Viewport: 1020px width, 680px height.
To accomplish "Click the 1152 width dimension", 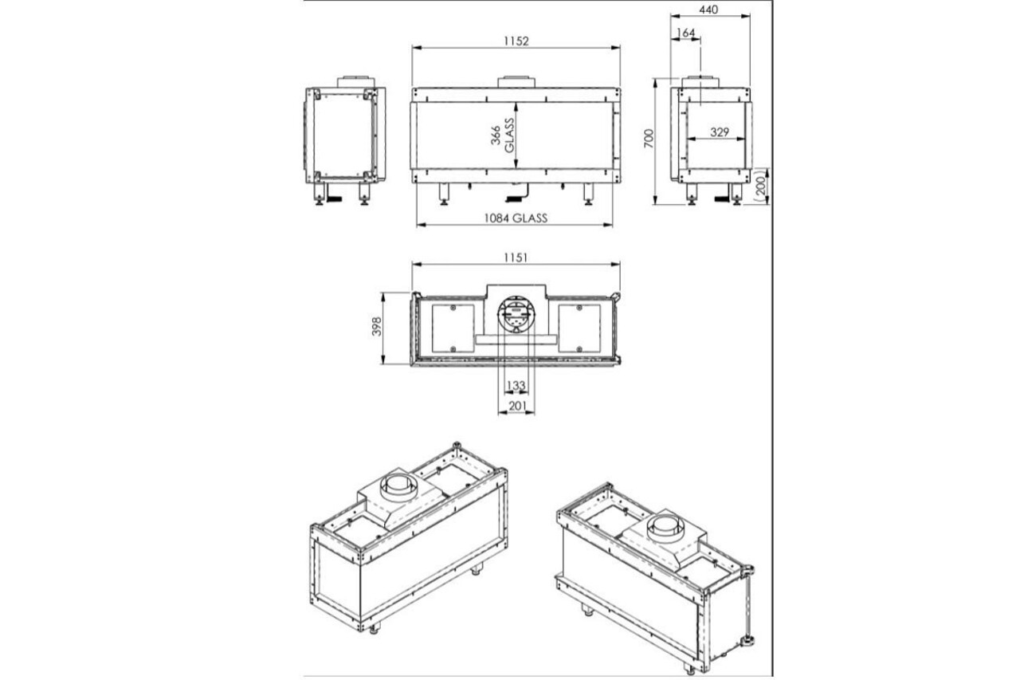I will [516, 41].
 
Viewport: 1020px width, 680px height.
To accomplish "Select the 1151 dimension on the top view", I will [516, 257].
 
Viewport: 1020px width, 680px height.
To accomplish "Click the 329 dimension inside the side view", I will [720, 133].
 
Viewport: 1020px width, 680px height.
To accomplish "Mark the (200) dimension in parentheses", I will [762, 186].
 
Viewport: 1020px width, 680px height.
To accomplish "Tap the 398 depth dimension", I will [377, 327].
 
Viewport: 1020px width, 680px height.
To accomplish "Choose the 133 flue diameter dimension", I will [516, 386].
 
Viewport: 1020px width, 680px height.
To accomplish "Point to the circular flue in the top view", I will [516, 316].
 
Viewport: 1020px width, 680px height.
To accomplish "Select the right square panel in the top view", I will [579, 328].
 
